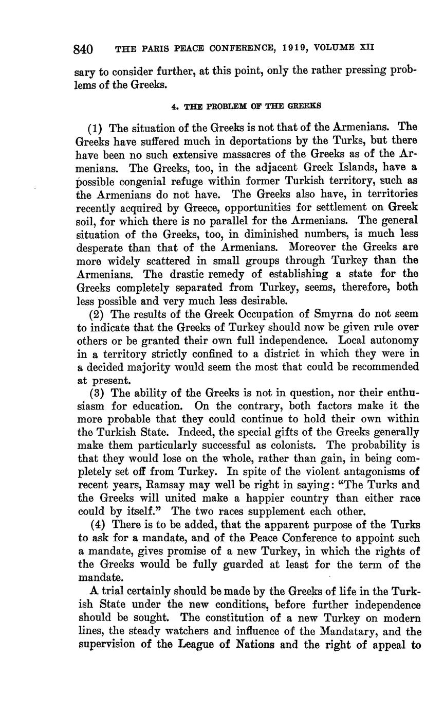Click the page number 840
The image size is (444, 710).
tap(83, 49)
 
